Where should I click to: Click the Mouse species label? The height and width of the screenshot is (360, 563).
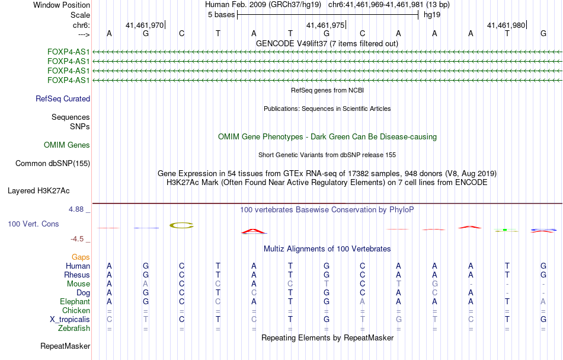coord(78,284)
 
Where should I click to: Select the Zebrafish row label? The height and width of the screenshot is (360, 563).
coord(74,329)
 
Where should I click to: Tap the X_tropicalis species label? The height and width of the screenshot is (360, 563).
coord(70,320)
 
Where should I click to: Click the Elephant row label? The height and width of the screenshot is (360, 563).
coord(75,302)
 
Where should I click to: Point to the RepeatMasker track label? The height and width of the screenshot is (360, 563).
coord(65,346)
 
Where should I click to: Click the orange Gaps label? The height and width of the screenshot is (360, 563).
coord(81,257)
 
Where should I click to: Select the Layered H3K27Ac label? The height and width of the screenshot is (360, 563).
coord(39,191)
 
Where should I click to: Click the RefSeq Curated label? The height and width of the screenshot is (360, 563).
coord(63,99)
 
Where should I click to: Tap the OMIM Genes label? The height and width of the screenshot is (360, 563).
coord(67,145)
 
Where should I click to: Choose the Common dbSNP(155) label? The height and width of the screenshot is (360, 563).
coord(53,164)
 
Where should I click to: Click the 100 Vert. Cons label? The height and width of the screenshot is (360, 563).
coord(33,224)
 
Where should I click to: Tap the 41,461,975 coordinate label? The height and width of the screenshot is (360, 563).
coord(325,25)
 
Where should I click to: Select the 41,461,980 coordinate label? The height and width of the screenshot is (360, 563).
coord(506,25)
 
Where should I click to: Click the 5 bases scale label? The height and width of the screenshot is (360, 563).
coord(221,15)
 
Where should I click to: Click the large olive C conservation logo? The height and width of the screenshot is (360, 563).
coord(182,225)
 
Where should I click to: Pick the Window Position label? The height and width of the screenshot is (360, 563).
coord(62,5)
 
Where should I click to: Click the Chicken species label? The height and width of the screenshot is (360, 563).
coord(76,310)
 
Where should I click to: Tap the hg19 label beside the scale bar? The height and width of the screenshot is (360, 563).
coord(432,15)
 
